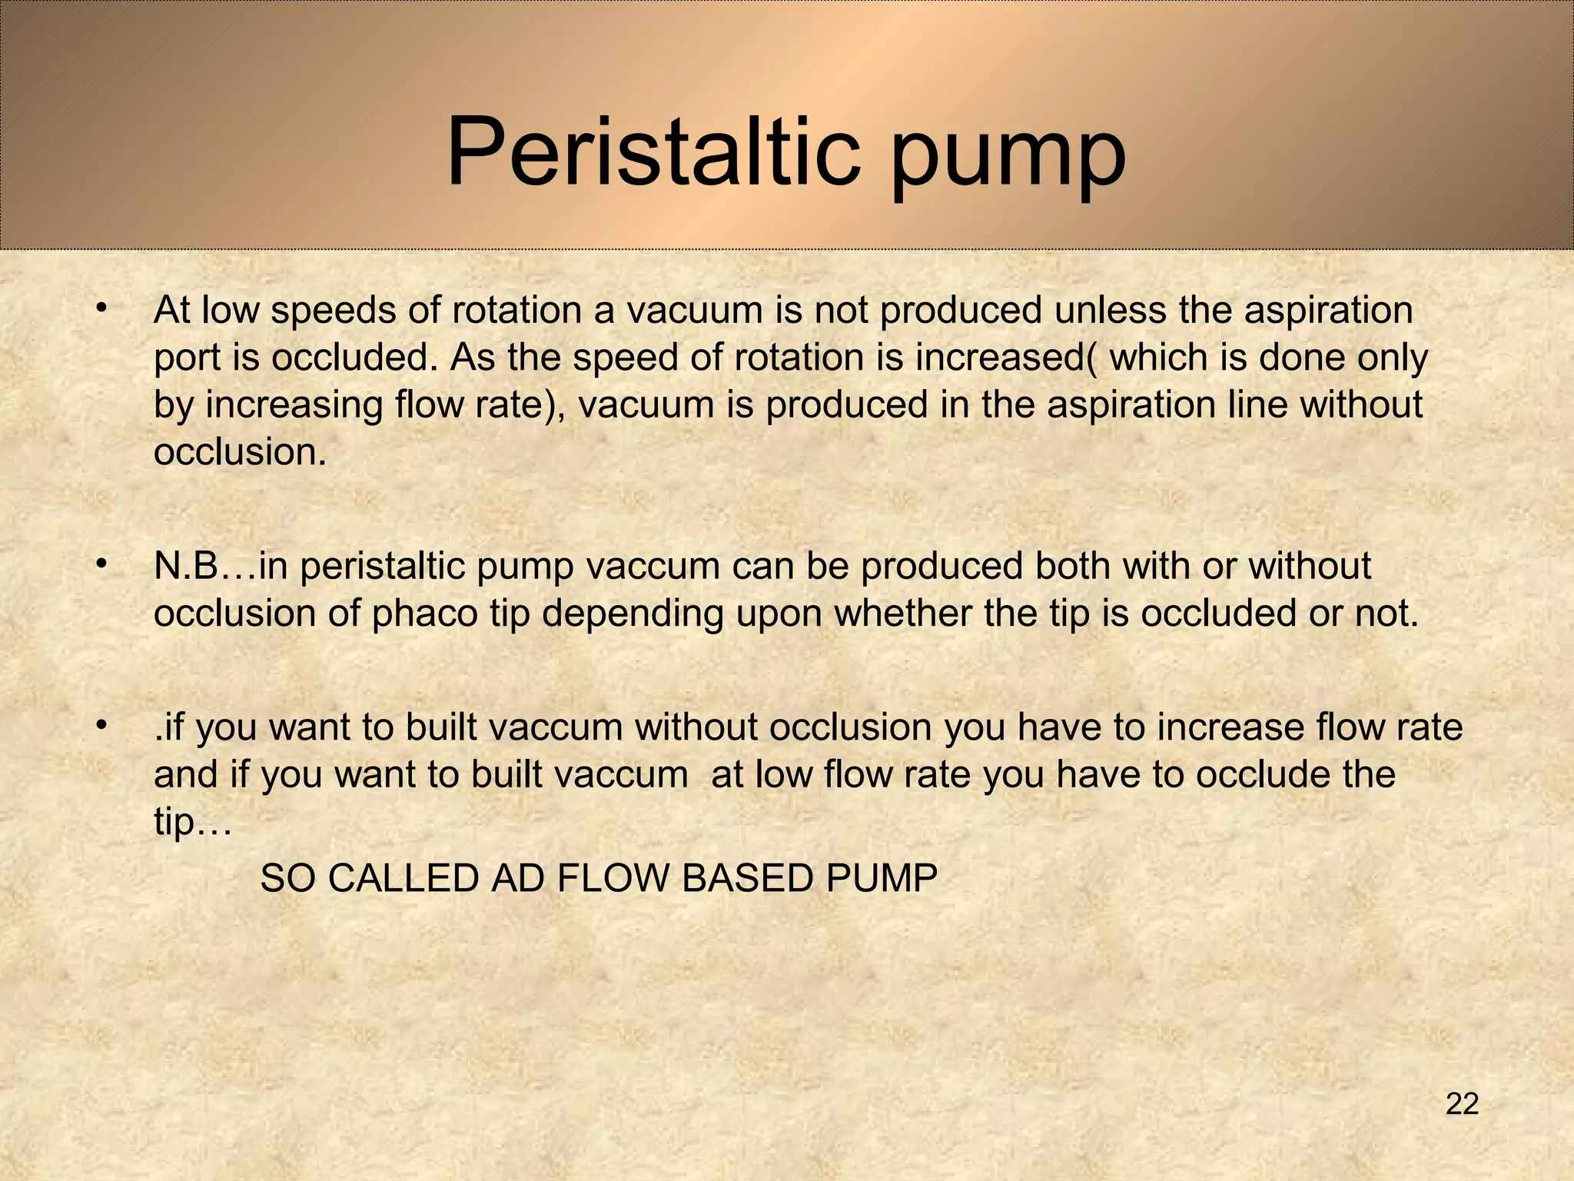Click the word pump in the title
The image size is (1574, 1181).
1008,158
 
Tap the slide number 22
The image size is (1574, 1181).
1462,1104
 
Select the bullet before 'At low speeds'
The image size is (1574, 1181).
100,308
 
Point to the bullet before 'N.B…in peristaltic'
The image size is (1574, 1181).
100,564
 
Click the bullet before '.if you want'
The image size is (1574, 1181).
100,726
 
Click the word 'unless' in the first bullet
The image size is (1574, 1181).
1109,311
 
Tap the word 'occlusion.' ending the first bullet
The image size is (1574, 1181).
240,452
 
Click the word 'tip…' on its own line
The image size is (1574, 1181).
191,823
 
